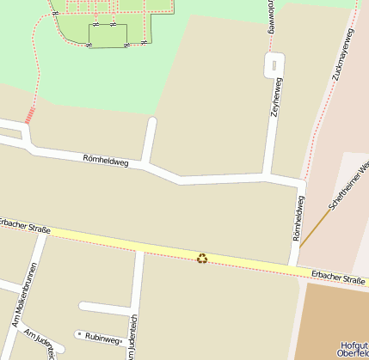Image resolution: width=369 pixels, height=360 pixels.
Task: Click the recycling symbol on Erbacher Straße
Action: [x=202, y=257]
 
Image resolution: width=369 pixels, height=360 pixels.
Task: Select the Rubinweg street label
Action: [x=103, y=339]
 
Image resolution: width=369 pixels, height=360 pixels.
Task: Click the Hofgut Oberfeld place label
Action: [x=354, y=347]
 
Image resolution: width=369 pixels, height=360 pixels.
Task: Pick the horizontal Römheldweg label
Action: [x=106, y=160]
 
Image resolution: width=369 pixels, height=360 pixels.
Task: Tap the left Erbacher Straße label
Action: [x=25, y=226]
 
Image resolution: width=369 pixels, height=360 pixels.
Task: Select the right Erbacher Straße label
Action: [x=338, y=278]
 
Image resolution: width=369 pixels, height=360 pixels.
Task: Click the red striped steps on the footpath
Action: [x=30, y=115]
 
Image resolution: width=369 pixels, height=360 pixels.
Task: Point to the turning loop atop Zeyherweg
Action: [x=274, y=64]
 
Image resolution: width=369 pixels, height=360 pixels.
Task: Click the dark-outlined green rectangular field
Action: [x=108, y=35]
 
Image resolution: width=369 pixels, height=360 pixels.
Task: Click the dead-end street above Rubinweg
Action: [x=105, y=306]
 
